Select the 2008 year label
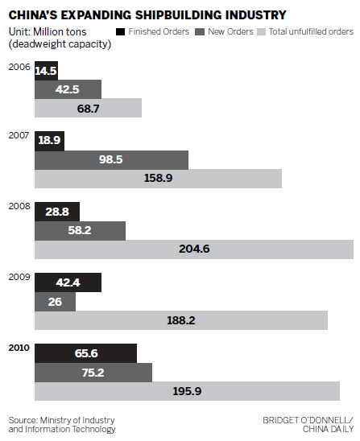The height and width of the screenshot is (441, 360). [x=19, y=206]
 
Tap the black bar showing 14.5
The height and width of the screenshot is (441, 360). [x=46, y=71]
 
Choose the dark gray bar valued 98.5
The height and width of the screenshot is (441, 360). [x=111, y=159]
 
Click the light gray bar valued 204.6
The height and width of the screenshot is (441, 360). [x=193, y=249]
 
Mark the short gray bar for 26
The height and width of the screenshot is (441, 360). [x=55, y=302]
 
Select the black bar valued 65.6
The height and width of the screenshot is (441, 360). [x=85, y=352]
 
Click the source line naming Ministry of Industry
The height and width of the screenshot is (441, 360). [x=62, y=424]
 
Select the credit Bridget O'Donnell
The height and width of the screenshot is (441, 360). [x=307, y=420]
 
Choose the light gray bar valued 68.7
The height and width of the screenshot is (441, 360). [x=88, y=108]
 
